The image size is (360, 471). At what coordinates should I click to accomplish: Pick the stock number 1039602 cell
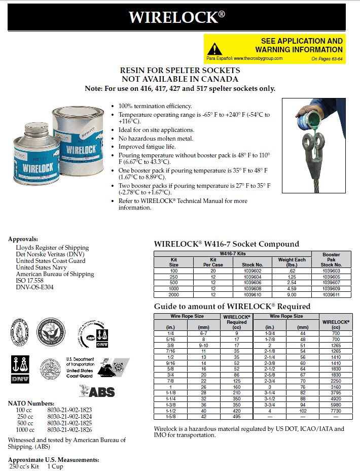(252, 271)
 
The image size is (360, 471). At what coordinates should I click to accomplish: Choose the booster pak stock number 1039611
(331, 294)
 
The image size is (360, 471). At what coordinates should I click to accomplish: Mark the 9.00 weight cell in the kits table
(292, 294)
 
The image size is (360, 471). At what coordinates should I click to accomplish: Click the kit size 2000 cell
(173, 294)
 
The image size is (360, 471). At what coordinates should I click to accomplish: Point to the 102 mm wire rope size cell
(302, 411)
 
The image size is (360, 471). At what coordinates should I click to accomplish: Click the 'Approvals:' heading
(23, 239)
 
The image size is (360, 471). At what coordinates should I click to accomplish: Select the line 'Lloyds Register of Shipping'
(52, 248)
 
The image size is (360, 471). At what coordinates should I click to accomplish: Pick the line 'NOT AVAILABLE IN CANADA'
(179, 79)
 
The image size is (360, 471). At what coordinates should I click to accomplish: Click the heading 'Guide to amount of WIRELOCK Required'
(232, 307)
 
